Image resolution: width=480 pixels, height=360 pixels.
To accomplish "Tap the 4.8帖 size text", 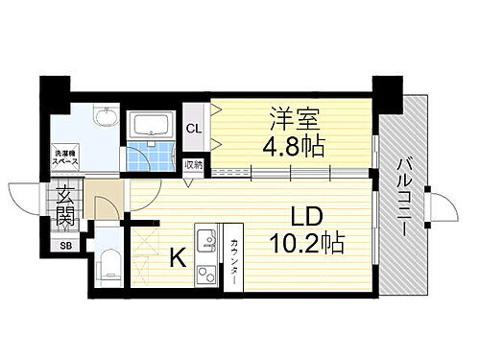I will coord(292,147).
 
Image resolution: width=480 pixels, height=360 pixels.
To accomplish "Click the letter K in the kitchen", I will coord(178,257).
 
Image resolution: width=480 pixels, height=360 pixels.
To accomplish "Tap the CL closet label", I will coord(193,128).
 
